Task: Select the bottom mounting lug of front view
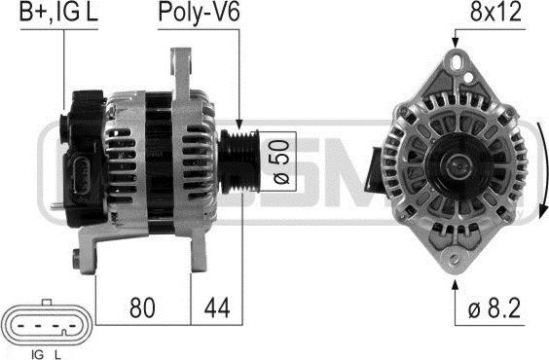454,255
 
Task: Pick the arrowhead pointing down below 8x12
455,41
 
